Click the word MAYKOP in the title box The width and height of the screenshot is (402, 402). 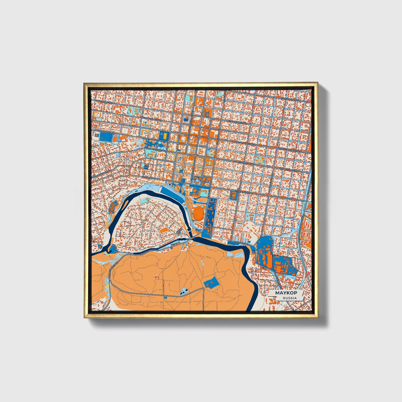pyautogui.click(x=286, y=293)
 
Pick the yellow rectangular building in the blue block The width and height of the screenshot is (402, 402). pyautogui.click(x=165, y=135)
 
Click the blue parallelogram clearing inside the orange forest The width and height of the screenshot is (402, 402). pyautogui.click(x=211, y=283)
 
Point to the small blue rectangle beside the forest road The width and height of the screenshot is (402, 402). pyautogui.click(x=166, y=298)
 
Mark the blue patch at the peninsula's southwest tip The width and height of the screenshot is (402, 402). pyautogui.click(x=113, y=248)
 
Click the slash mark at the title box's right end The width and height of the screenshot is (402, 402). pyautogui.click(x=302, y=293)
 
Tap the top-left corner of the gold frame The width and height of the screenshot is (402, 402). pyautogui.click(x=84, y=83)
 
